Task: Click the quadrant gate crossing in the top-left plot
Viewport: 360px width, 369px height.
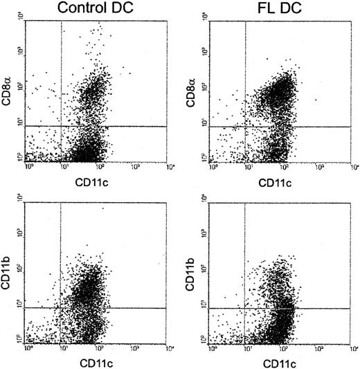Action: (62, 126)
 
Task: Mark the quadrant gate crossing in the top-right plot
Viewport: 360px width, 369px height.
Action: (246, 126)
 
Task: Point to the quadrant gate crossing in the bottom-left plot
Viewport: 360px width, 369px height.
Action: (62, 307)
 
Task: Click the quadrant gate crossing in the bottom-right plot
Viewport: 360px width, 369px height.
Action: (246, 307)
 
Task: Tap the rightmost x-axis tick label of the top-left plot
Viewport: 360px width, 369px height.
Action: (169, 167)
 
